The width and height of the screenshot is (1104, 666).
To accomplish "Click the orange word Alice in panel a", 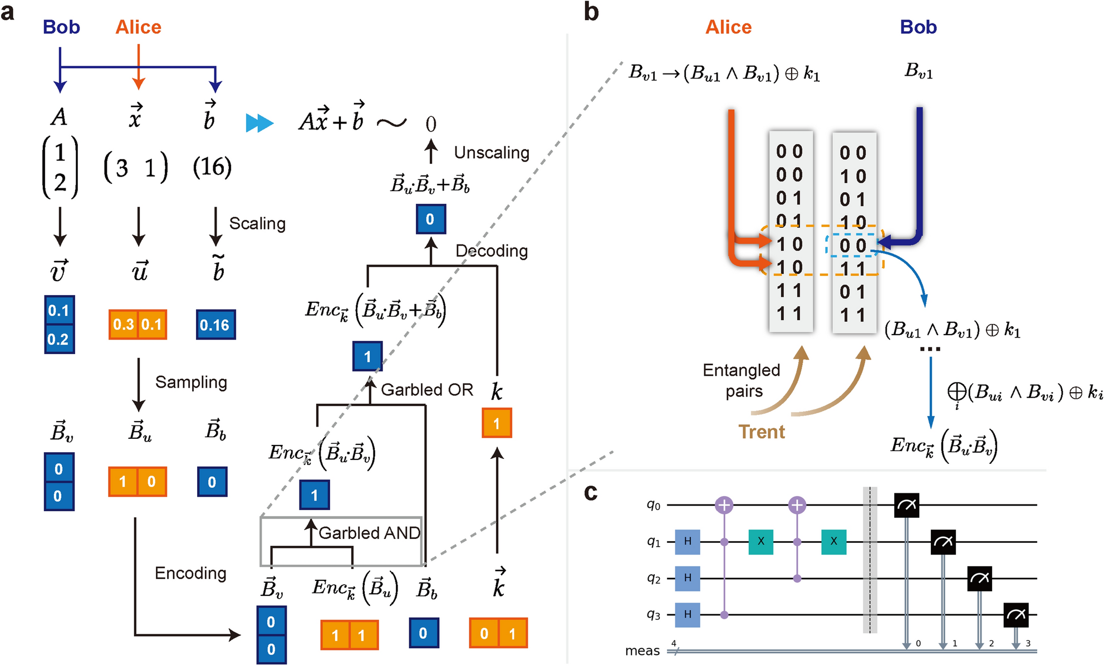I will pyautogui.click(x=138, y=27).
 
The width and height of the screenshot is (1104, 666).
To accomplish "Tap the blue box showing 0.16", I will pyautogui.click(x=215, y=325).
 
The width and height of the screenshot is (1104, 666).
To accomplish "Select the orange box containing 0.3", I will pyautogui.click(x=123, y=324).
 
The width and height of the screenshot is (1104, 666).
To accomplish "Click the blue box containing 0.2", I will pyautogui.click(x=59, y=339).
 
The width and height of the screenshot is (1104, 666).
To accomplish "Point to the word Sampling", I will pyautogui.click(x=191, y=382).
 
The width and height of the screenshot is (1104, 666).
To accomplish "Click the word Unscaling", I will pyautogui.click(x=491, y=153).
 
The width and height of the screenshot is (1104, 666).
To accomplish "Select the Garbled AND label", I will pyautogui.click(x=369, y=533).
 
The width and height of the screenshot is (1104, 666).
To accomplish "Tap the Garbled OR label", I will pyautogui.click(x=427, y=390).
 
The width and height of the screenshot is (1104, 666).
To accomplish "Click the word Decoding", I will pyautogui.click(x=491, y=251).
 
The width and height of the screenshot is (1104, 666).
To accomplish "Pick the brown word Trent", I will pyautogui.click(x=761, y=432).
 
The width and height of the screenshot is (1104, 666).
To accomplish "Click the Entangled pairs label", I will pyautogui.click(x=742, y=380).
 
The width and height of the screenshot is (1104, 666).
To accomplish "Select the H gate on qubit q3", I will pyautogui.click(x=688, y=614).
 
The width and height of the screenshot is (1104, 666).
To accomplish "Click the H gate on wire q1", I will pyautogui.click(x=688, y=541).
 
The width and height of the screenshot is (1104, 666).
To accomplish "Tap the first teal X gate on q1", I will pyautogui.click(x=760, y=541).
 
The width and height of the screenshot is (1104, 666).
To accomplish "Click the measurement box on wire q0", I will pyautogui.click(x=906, y=505).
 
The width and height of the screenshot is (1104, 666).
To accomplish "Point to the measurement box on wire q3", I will pyautogui.click(x=1015, y=614).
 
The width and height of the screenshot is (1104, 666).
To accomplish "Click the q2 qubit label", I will pyautogui.click(x=654, y=578).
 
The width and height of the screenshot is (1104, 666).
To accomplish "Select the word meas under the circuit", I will pyautogui.click(x=642, y=650).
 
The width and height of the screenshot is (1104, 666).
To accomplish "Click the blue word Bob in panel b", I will pyautogui.click(x=918, y=27).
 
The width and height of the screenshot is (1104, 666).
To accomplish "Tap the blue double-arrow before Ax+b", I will pyautogui.click(x=259, y=123).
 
